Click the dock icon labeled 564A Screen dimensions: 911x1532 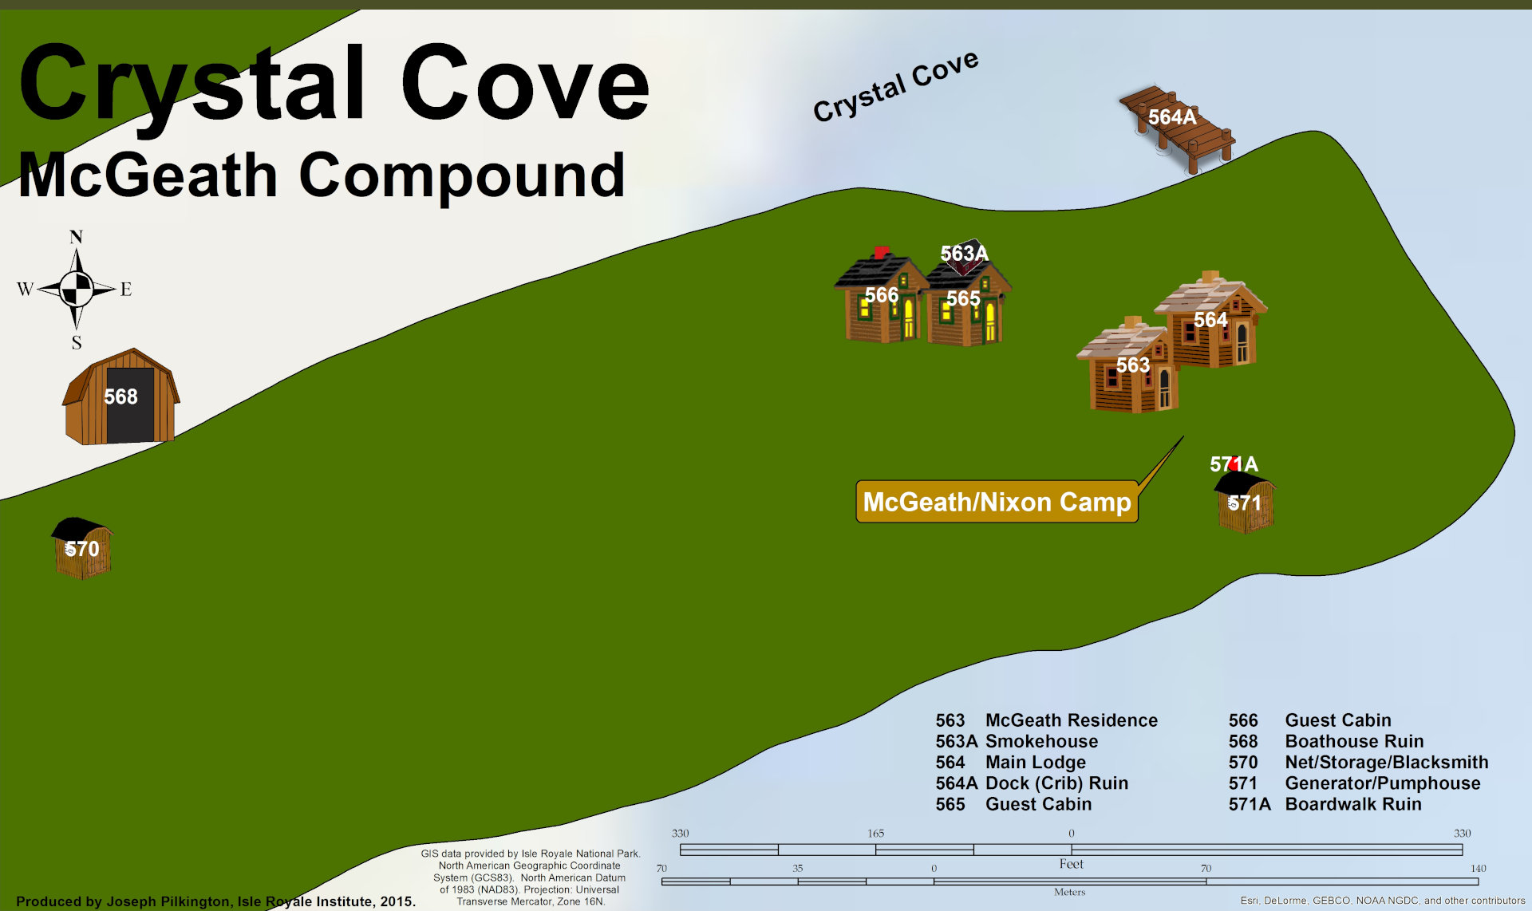(x=1178, y=128)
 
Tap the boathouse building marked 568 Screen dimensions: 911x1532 (x=121, y=397)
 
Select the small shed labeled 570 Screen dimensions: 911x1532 (x=82, y=548)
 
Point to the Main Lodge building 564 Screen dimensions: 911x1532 (x=1213, y=323)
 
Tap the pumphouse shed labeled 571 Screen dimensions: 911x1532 (x=1245, y=503)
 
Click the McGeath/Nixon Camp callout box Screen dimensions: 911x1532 (x=997, y=502)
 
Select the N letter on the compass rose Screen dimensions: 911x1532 (x=76, y=237)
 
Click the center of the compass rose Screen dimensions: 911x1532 (x=77, y=289)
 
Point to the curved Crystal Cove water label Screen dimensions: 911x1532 (x=895, y=85)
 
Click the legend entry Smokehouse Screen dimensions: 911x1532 (x=1041, y=741)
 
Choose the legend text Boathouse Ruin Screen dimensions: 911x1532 (x=1354, y=741)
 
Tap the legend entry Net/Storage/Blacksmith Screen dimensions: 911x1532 (x=1386, y=762)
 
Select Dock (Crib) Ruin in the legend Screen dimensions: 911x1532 (x=1056, y=783)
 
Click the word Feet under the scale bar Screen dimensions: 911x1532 (x=1071, y=864)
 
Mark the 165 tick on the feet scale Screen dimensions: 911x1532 (x=875, y=834)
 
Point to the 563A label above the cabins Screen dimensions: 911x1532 (x=964, y=254)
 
